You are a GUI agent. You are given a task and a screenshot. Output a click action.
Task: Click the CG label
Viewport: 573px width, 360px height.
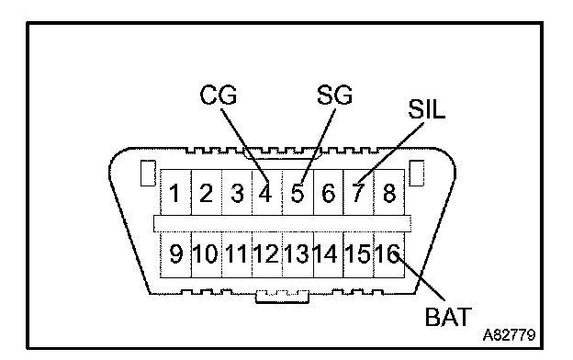tap(219, 95)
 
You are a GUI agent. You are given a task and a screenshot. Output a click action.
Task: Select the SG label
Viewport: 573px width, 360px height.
tap(334, 95)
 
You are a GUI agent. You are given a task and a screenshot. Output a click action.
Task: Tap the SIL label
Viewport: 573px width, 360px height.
tap(426, 109)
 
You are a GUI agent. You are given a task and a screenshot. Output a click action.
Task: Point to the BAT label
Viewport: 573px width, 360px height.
tap(448, 317)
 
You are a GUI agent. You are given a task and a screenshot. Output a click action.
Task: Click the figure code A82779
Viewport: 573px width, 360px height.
tap(509, 335)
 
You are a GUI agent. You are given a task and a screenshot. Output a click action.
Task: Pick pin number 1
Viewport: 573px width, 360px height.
tap(174, 193)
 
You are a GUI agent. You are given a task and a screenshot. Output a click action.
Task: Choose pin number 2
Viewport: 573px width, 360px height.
tap(206, 193)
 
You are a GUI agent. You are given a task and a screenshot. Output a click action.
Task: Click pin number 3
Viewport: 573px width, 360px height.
tap(237, 193)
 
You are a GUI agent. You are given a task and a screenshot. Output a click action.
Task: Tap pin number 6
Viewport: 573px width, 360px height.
tap(328, 193)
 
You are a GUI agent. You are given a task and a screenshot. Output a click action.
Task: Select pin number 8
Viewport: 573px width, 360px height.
tap(389, 193)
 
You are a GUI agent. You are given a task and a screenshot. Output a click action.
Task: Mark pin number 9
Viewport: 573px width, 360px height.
tap(175, 253)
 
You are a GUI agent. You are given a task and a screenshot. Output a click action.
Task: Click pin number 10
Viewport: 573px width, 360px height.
tap(206, 253)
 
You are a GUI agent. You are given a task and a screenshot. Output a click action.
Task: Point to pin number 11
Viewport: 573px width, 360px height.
tap(236, 253)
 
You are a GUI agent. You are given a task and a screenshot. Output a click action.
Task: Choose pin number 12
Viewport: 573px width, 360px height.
tap(266, 253)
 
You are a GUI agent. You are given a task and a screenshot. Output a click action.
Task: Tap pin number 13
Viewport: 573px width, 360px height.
tap(297, 253)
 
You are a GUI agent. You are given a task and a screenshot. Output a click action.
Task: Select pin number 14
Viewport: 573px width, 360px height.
tap(326, 253)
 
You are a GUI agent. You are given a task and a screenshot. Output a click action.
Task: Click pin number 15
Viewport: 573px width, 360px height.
tap(357, 253)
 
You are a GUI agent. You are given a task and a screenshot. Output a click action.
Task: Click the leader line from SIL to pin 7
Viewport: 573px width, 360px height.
tap(390, 152)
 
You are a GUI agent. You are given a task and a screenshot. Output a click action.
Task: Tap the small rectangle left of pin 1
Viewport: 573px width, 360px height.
tap(148, 173)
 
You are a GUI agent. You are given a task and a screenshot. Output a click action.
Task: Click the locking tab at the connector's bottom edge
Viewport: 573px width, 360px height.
tap(282, 297)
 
